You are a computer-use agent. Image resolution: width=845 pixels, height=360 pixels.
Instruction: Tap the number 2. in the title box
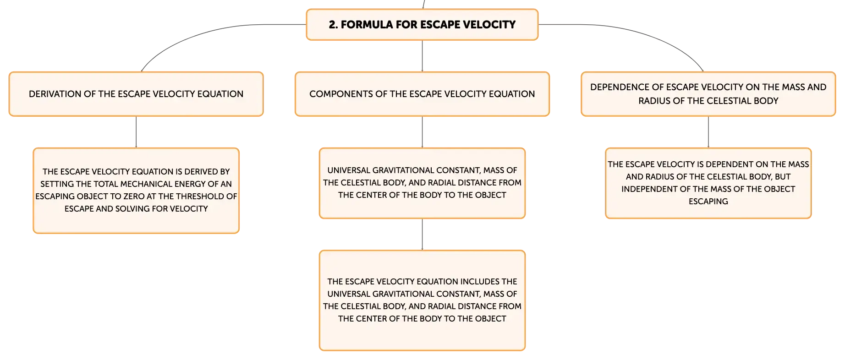click(333, 25)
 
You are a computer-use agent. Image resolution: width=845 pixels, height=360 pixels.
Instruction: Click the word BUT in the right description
click(783, 177)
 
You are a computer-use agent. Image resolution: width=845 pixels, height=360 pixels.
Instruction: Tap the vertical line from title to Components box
click(422, 56)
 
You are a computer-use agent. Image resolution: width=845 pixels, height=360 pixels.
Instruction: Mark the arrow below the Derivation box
click(136, 132)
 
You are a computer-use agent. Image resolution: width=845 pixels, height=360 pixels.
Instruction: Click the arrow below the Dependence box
click(708, 132)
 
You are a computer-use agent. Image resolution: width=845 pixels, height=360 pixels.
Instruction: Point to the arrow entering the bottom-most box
click(422, 235)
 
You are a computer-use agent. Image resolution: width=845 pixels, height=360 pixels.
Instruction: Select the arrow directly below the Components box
click(422, 132)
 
